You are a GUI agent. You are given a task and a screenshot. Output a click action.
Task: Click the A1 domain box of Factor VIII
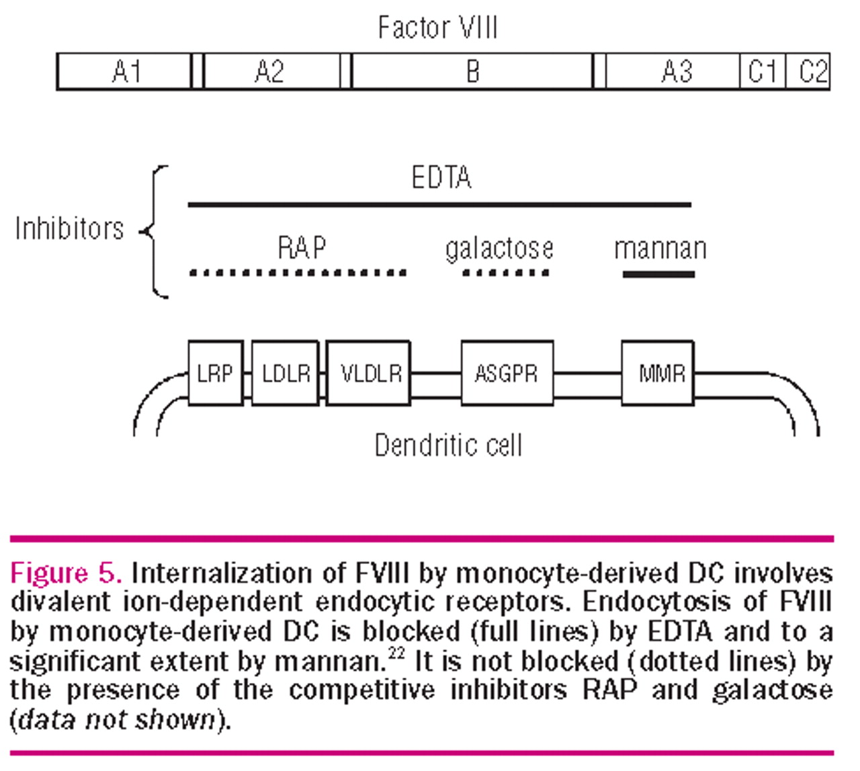pos(125,71)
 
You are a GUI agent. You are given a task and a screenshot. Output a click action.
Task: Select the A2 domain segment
pos(270,71)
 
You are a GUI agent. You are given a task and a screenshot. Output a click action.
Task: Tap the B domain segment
pos(472,71)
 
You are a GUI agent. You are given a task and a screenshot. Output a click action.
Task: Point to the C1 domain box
pos(763,71)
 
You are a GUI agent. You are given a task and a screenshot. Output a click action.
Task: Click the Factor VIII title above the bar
pos(437,28)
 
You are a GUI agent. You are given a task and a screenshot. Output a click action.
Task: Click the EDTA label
pos(441,178)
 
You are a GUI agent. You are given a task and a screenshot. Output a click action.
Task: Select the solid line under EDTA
pos(439,204)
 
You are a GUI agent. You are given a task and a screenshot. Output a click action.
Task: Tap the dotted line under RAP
pos(298,273)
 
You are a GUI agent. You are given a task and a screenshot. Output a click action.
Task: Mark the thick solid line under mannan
pos(658,274)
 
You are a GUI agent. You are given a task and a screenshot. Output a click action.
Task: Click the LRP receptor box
pos(215,373)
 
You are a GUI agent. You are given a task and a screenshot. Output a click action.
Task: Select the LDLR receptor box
pos(286,373)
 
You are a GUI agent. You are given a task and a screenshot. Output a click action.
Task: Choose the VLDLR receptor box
pos(369,373)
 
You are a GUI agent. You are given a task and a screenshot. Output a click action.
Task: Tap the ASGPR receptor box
pos(507,373)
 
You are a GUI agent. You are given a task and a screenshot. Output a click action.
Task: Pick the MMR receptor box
pos(658,373)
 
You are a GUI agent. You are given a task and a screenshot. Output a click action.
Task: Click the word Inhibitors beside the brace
pos(69,229)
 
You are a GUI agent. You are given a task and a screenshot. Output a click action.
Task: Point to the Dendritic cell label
pos(448,446)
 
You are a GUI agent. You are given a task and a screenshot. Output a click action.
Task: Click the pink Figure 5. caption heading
pos(66,573)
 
